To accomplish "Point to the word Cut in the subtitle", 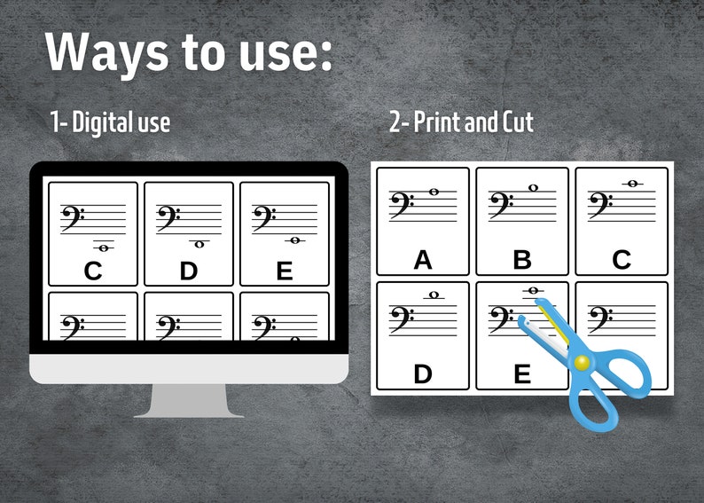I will pos(517,122).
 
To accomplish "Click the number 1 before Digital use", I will pos(56,122).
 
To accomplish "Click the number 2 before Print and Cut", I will pos(395,122).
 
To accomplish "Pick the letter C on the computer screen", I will pos(93,271).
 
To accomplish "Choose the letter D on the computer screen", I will pos(188,271).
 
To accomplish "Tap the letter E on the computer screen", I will pos(284,271).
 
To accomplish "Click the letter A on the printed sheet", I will pos(423,260).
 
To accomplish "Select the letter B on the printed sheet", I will pos(522,260).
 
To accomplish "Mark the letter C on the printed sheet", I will pos(622,260).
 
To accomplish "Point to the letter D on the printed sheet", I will pos(423,373).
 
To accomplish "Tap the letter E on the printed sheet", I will pos(522,373).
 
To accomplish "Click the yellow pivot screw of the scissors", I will pos(581,361).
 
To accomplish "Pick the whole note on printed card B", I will pos(533,188).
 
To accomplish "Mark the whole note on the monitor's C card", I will pos(104,248).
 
